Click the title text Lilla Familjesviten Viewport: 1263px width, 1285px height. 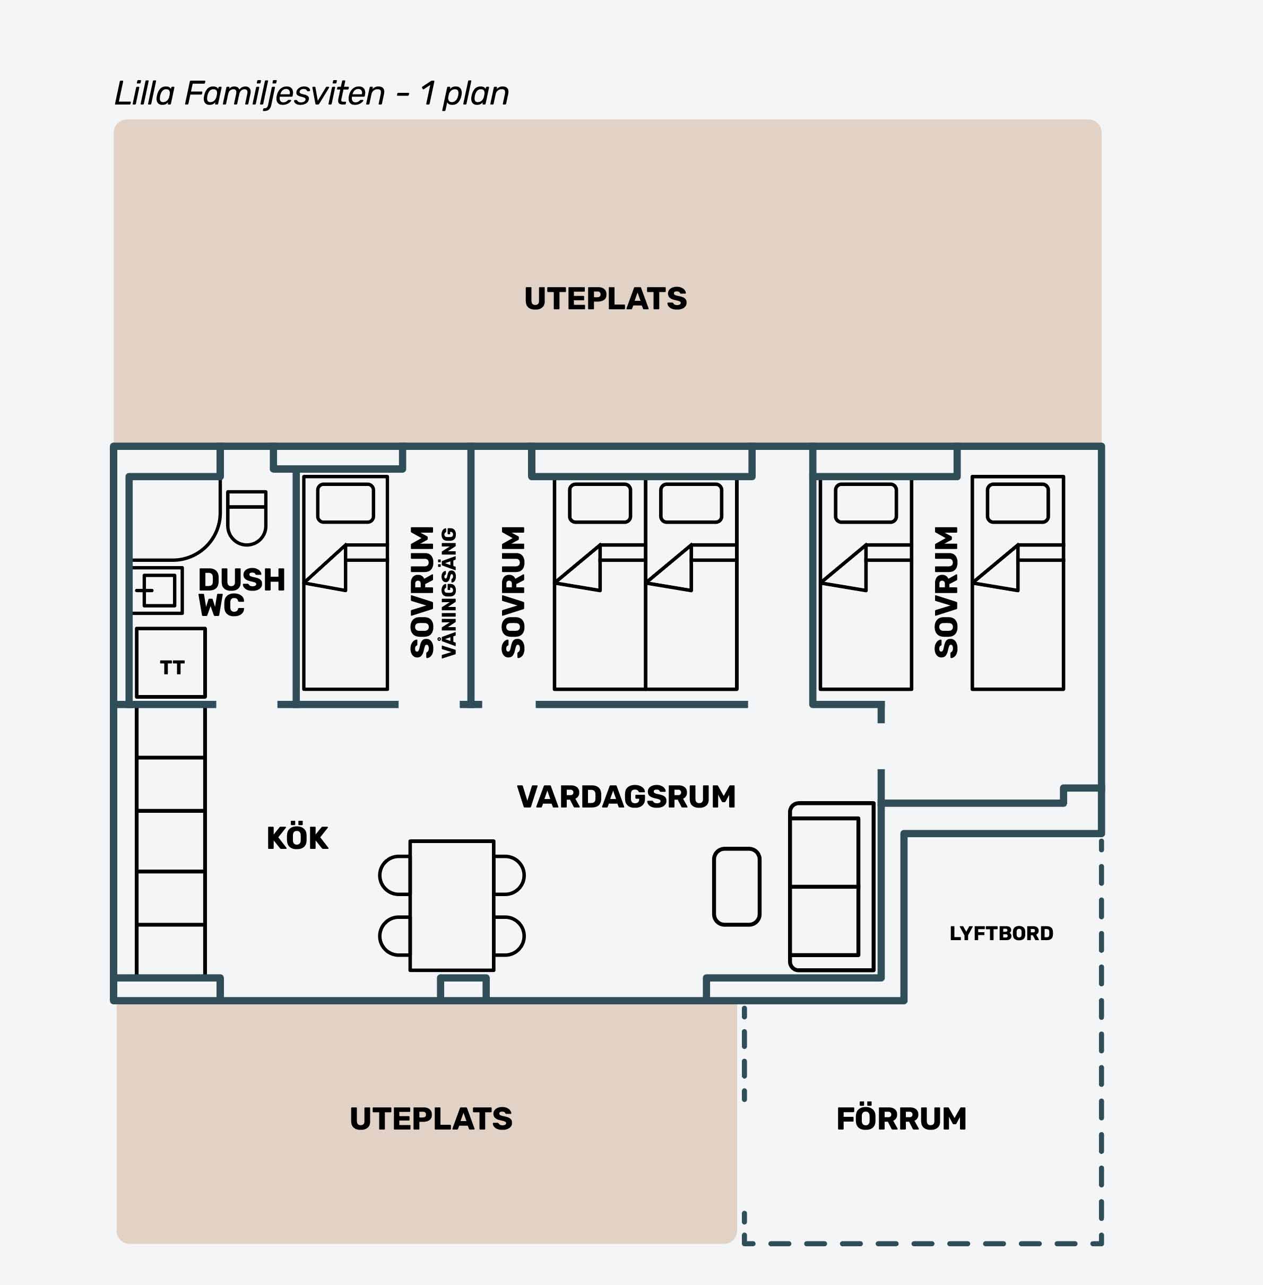tap(249, 94)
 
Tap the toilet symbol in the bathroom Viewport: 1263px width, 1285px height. tap(247, 518)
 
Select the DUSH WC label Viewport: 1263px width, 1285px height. tap(241, 592)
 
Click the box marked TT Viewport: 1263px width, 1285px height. tap(171, 662)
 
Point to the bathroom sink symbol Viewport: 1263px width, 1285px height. tap(158, 590)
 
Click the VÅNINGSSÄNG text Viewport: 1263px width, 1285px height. tap(449, 592)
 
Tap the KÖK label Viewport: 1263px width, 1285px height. tap(297, 838)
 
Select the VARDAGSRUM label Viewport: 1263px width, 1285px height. tap(626, 796)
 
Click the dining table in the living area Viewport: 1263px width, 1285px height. tap(452, 905)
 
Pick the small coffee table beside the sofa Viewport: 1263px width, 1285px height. tap(737, 887)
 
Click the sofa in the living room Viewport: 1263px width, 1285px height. tap(832, 887)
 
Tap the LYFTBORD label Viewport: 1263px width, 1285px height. tap(1001, 934)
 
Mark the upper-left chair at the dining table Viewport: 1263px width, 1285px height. tap(394, 875)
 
